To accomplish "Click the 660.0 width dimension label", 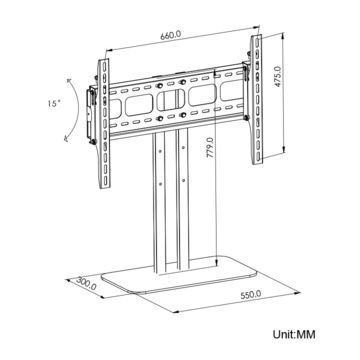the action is coord(171,35).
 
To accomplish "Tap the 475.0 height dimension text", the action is coord(278,76).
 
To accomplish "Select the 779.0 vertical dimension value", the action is coord(211,149).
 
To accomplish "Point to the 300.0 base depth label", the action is coord(86,284).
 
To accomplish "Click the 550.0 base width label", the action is coord(251,295).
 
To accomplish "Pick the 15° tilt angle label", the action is coord(53,103).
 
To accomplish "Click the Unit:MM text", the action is coord(294,334).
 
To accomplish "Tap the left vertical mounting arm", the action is coord(103,124).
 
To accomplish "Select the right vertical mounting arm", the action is coord(257,99).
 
